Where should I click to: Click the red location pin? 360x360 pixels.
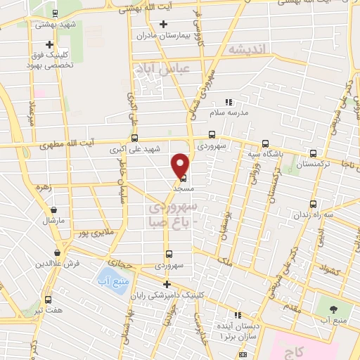click(181, 165)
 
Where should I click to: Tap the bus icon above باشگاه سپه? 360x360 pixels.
click(265, 141)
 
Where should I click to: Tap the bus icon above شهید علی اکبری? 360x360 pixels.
click(134, 139)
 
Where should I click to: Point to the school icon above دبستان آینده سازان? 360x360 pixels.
click(237, 315)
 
